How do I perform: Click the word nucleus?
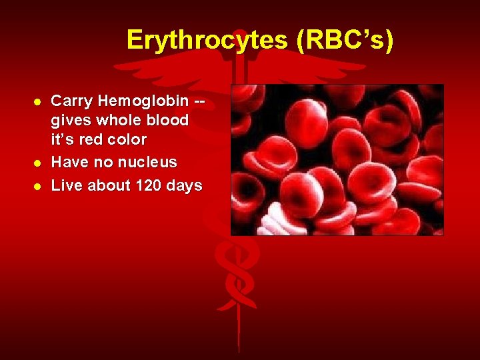point(148,162)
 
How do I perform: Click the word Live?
point(67,185)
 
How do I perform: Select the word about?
point(109,185)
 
